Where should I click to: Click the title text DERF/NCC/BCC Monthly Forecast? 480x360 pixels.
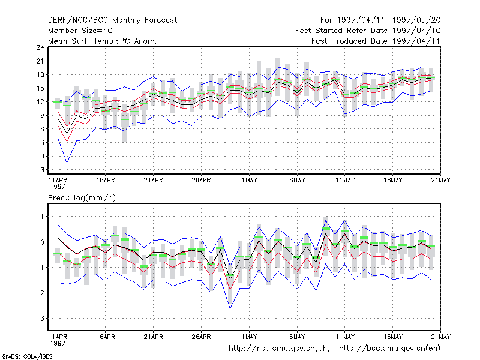pyautogui.click(x=112, y=20)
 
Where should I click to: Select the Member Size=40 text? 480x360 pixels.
pyautogui.click(x=80, y=31)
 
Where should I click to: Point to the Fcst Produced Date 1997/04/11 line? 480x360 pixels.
pyautogui.click(x=376, y=41)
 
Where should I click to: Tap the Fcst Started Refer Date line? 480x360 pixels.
pyautogui.click(x=368, y=31)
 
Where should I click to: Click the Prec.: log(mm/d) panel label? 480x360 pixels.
pyautogui.click(x=82, y=198)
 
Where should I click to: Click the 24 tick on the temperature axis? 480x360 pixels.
pyautogui.click(x=40, y=47)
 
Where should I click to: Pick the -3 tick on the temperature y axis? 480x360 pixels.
pyautogui.click(x=40, y=170)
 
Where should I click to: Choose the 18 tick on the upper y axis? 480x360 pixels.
pyautogui.click(x=40, y=74)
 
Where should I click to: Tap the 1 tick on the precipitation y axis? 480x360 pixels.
pyautogui.click(x=43, y=217)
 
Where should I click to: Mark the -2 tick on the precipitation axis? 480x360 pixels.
pyautogui.click(x=40, y=293)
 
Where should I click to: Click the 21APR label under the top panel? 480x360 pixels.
pyautogui.click(x=154, y=181)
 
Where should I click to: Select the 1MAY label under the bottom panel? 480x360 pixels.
pyautogui.click(x=249, y=337)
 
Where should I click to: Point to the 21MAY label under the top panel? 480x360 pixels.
pyautogui.click(x=441, y=181)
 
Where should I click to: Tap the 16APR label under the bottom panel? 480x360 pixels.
pyautogui.click(x=106, y=337)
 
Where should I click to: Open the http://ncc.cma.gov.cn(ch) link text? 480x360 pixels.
pyautogui.click(x=279, y=349)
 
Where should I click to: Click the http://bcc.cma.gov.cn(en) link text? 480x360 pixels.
pyautogui.click(x=389, y=349)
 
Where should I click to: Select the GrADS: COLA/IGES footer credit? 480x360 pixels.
pyautogui.click(x=27, y=356)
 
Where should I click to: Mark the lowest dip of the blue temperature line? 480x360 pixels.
pyautogui.click(x=67, y=162)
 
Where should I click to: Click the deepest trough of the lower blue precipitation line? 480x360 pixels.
pyautogui.click(x=230, y=308)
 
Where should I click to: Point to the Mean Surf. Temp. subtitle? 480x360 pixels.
pyautogui.click(x=103, y=41)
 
